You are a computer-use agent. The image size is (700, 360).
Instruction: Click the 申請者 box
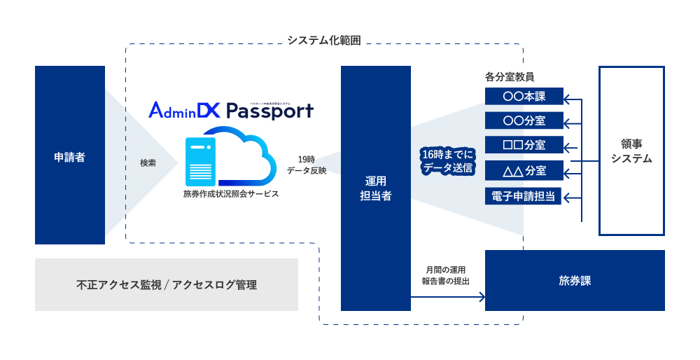(x=70, y=155)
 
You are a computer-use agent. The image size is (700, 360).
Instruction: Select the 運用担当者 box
(x=375, y=188)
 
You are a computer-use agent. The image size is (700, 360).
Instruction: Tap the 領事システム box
(x=631, y=151)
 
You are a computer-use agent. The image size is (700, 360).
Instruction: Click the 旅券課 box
(x=575, y=280)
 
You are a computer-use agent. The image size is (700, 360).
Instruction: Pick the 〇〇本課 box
(x=524, y=97)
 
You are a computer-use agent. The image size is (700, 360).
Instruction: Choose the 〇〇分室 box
(x=524, y=120)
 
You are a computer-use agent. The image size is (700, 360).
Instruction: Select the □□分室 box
(x=524, y=145)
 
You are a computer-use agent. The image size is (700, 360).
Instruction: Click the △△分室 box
(x=524, y=170)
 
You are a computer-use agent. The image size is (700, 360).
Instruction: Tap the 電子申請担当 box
(x=524, y=196)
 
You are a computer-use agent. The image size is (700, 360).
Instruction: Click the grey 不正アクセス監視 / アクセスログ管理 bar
(x=166, y=285)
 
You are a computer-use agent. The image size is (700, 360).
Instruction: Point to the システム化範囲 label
(x=324, y=41)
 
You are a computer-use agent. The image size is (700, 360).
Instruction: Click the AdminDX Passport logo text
(x=231, y=111)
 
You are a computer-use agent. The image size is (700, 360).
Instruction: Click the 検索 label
(x=148, y=162)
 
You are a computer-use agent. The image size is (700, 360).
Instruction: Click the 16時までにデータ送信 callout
(x=447, y=161)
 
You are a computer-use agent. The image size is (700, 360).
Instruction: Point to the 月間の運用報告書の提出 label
(x=445, y=275)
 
